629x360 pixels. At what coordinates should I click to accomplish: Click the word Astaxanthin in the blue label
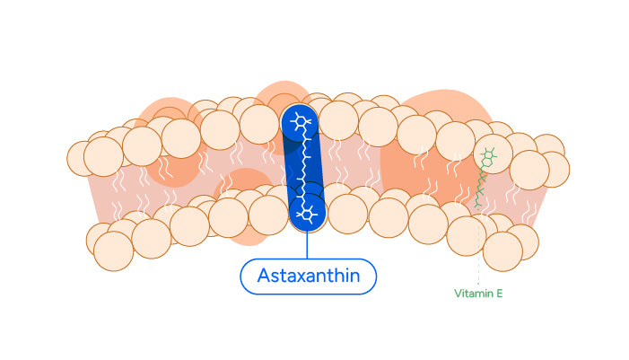(308, 276)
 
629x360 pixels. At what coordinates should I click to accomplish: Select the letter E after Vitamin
(498, 293)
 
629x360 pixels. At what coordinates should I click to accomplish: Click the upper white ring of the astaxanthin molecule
(299, 124)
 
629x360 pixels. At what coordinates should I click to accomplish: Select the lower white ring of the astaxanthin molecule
(307, 213)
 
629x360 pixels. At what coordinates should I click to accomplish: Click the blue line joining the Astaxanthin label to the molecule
(307, 245)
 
